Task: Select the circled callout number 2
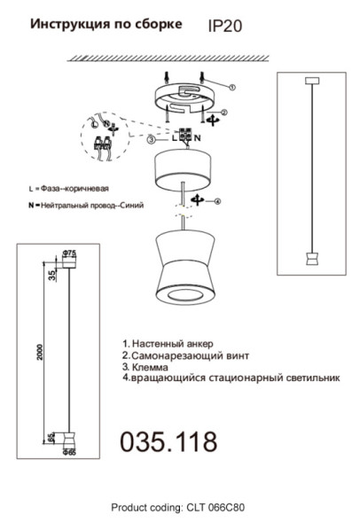[x=223, y=113]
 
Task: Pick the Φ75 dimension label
[x=69, y=252]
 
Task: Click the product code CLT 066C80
[x=177, y=508]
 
